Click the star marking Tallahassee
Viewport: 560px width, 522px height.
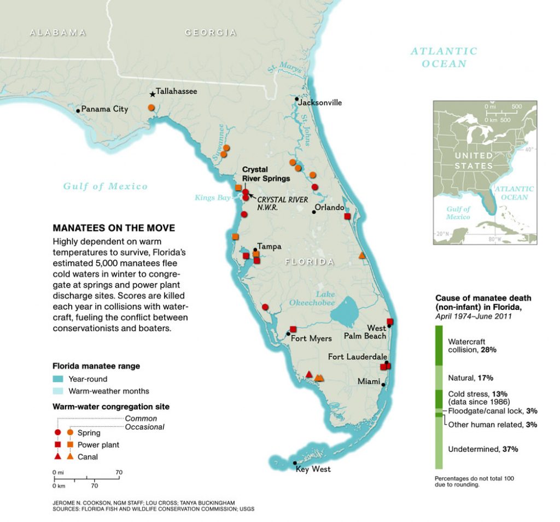152,95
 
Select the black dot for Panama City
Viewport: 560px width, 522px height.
78,110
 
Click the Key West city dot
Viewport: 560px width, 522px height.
295,463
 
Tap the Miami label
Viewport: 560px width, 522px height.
370,381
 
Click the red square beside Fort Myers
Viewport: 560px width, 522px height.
293,329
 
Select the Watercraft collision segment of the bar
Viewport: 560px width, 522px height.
439,345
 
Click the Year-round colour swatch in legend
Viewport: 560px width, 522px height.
58,379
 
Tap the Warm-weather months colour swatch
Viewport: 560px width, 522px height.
58,391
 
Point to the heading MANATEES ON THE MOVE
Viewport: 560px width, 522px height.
114,228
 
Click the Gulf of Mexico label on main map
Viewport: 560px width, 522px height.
106,186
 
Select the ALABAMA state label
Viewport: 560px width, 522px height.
58,33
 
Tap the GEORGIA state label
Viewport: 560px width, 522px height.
211,33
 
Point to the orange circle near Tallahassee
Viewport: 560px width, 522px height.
151,108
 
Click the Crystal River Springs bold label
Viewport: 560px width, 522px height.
266,174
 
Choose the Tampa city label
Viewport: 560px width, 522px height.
269,247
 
